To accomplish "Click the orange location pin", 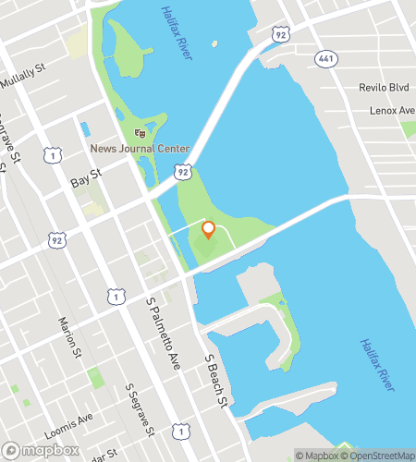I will tap(208, 230).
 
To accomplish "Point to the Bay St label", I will tap(85, 183).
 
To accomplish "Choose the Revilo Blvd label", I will tap(384, 88).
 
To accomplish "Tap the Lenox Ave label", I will tap(393, 110).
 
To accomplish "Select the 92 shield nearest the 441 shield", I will tap(281, 34).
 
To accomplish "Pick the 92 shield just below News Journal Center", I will tap(184, 173).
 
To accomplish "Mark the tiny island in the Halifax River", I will tap(214, 43).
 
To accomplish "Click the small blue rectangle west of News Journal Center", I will tap(86, 129).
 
